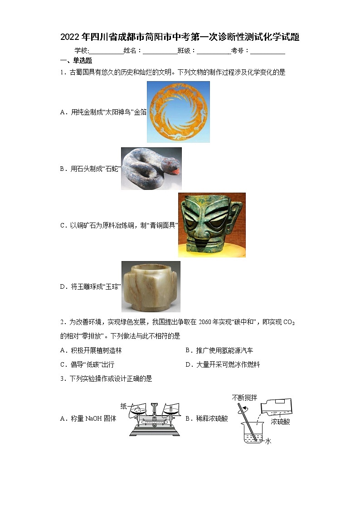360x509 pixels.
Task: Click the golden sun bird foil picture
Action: tap(178, 111)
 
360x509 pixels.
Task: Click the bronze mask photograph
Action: tap(212, 225)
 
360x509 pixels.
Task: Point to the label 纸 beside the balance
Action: tap(123, 406)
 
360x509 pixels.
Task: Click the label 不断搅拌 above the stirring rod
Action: tap(244, 398)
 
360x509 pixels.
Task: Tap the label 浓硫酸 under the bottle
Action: tap(280, 422)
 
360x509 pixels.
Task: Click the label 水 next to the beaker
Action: tap(268, 441)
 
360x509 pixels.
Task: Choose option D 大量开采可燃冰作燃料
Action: tap(223, 364)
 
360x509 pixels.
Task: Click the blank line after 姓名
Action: tap(160, 51)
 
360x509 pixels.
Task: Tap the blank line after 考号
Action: tap(268, 51)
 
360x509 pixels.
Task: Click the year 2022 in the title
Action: tap(69, 37)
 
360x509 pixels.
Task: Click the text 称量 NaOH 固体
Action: tap(88, 418)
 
